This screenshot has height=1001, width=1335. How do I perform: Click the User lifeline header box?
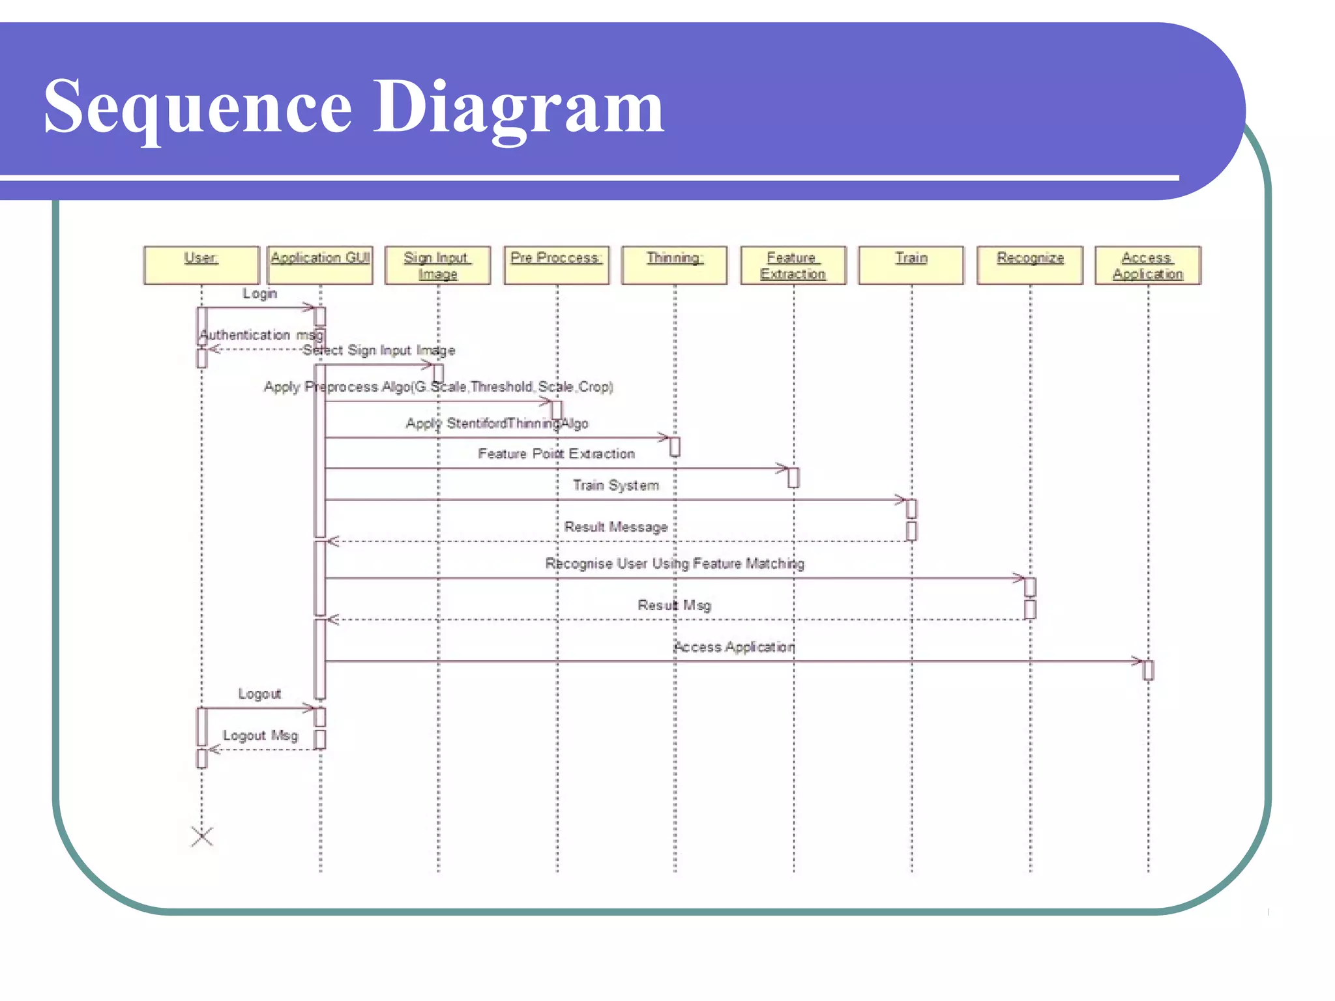(x=201, y=265)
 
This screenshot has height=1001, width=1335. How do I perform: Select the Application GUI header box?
(x=320, y=265)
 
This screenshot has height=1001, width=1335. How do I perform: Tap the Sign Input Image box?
(x=437, y=265)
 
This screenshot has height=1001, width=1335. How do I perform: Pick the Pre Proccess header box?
(x=556, y=265)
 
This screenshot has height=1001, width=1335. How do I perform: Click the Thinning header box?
(x=675, y=265)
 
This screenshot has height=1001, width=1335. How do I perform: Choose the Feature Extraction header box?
(x=793, y=265)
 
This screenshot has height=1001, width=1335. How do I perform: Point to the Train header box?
(x=911, y=265)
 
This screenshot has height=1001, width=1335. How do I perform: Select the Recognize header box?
(x=1030, y=265)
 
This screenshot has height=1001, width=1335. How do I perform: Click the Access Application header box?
(x=1148, y=265)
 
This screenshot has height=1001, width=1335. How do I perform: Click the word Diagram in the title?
(x=518, y=106)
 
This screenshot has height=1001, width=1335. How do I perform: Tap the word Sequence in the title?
(x=198, y=106)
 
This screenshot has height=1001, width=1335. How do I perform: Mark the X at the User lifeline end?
(x=202, y=836)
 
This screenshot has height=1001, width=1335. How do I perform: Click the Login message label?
(x=259, y=293)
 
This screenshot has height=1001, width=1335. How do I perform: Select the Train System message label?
(x=615, y=485)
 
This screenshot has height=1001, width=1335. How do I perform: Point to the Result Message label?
(x=615, y=527)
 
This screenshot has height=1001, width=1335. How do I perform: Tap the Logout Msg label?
(x=260, y=735)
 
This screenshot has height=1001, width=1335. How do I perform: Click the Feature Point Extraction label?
(x=556, y=454)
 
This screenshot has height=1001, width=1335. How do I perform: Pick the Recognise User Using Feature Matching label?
(x=675, y=563)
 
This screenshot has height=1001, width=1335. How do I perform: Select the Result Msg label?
(x=674, y=605)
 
